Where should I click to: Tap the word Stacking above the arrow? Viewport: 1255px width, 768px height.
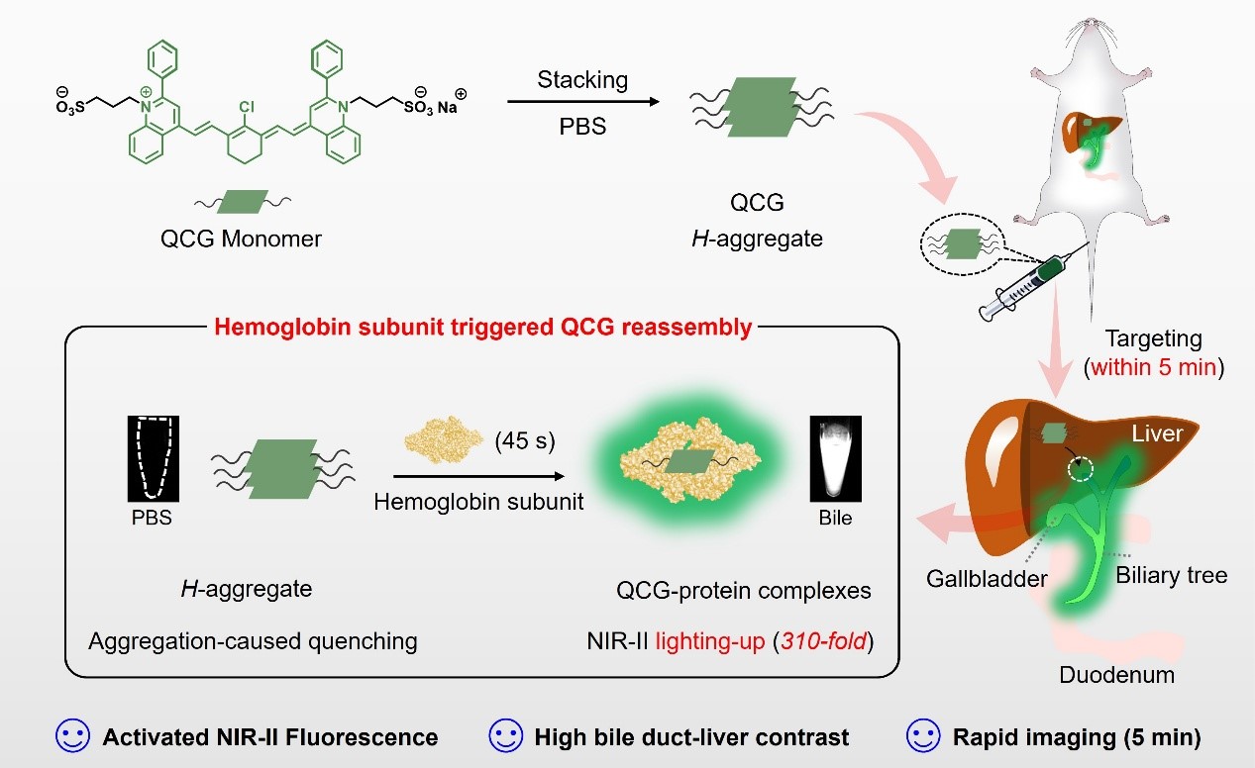click(581, 79)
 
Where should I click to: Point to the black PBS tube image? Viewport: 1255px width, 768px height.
click(151, 457)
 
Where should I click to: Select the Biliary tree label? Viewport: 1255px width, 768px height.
click(1171, 575)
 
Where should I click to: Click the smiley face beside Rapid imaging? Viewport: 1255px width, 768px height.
click(924, 736)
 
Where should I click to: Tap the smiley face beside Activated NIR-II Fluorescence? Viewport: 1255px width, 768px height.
click(73, 736)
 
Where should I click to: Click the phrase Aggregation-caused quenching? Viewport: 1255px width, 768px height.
click(253, 641)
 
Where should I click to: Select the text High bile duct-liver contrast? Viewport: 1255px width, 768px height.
click(691, 737)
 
